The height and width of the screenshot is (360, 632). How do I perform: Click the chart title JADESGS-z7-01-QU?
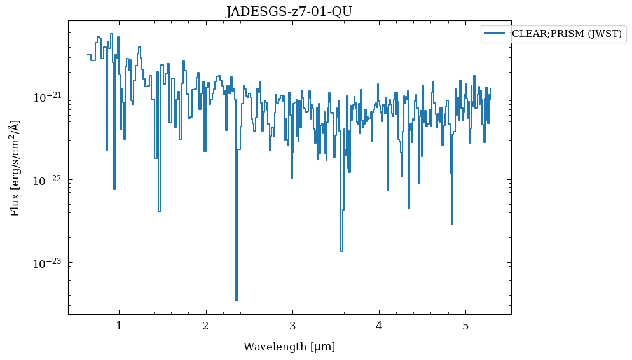289,11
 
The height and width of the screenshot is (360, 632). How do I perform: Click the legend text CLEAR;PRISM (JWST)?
567,34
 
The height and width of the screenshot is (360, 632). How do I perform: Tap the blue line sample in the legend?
495,34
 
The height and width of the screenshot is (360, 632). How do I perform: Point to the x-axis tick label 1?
119,326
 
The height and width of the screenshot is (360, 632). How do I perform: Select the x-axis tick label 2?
205,326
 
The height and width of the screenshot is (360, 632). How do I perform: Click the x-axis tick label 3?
292,326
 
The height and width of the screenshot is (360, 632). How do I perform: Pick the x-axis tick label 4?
379,326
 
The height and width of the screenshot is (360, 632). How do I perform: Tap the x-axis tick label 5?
465,326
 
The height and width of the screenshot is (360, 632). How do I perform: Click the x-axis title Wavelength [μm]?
289,347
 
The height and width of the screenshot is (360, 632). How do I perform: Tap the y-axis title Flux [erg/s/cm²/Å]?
15,168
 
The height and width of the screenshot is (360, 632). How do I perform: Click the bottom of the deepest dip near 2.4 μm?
237,300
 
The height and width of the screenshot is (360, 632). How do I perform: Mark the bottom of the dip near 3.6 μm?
341,251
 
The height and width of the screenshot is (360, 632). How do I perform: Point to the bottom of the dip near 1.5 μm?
159,211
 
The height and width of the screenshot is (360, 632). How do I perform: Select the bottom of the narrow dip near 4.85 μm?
451,224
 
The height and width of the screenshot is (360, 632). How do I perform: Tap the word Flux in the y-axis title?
15,206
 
